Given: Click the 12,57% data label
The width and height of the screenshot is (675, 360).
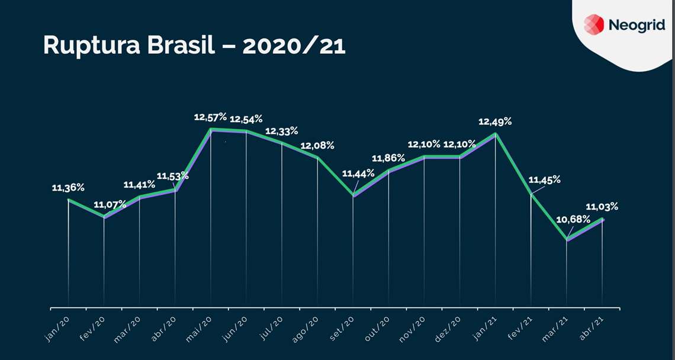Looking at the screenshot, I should [x=210, y=117].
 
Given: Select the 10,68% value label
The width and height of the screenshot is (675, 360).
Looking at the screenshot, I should [x=573, y=219].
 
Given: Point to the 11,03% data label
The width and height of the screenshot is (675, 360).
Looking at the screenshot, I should [x=602, y=207].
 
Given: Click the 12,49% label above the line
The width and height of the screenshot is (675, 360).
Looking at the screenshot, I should [x=496, y=121].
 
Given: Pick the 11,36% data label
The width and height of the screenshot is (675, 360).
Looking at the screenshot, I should [x=68, y=188].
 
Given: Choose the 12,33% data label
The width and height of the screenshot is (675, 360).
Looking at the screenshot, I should [x=281, y=131].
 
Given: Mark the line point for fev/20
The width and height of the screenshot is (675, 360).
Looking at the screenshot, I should [x=104, y=217].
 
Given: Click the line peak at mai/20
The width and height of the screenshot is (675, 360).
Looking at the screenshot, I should [x=211, y=129].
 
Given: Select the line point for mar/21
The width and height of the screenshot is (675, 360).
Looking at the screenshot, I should [x=567, y=239].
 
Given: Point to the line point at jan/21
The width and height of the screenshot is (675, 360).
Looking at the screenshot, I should [x=496, y=134].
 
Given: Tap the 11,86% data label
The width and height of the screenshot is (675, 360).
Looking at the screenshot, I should [x=388, y=158].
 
